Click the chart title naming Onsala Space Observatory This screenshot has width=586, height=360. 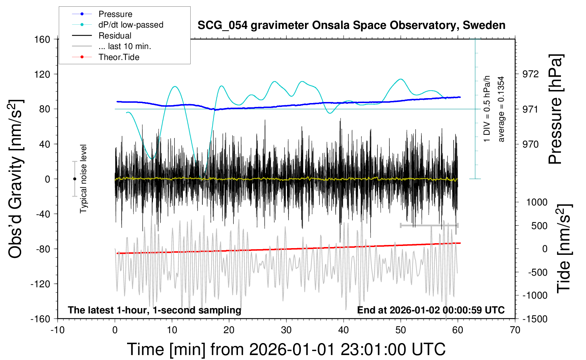click(x=351, y=25)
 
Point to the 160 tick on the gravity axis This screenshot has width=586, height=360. click(x=42, y=40)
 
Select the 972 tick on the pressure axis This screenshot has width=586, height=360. click(x=531, y=74)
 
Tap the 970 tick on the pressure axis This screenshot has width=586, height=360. click(x=531, y=144)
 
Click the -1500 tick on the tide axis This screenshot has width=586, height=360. click(x=535, y=319)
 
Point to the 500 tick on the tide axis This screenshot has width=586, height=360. click(x=539, y=226)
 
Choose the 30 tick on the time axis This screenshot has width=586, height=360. click(x=286, y=330)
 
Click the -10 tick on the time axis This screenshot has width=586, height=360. click(x=57, y=330)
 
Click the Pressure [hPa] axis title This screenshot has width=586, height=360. click(x=556, y=109)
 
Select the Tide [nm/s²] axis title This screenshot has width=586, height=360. click(x=564, y=248)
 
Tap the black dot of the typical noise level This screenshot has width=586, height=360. click(x=74, y=179)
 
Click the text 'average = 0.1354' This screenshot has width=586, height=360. click(x=501, y=109)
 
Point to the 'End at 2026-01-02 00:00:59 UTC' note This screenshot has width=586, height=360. click(x=431, y=310)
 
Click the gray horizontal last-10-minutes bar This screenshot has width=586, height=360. click(x=429, y=225)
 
